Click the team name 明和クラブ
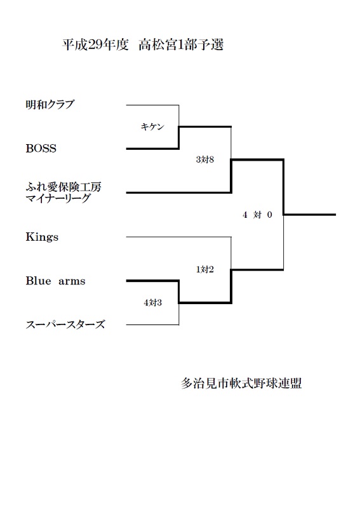(x=50, y=105)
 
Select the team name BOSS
(x=41, y=149)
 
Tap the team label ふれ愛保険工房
(x=63, y=187)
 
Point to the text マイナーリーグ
(x=58, y=198)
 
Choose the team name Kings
(x=42, y=237)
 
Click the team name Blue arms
(x=55, y=281)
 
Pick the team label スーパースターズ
(x=65, y=324)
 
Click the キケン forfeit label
(x=152, y=126)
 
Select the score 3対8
(x=205, y=159)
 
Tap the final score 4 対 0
(x=257, y=215)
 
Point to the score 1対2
(x=205, y=269)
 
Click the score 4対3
(x=152, y=303)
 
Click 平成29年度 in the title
(x=96, y=44)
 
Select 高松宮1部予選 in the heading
(x=181, y=44)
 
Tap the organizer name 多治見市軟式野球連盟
(x=241, y=384)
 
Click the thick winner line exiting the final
(x=310, y=215)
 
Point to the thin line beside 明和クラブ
(x=152, y=105)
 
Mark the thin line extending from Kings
(x=178, y=237)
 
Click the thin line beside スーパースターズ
(x=152, y=324)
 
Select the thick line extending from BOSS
(x=152, y=149)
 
